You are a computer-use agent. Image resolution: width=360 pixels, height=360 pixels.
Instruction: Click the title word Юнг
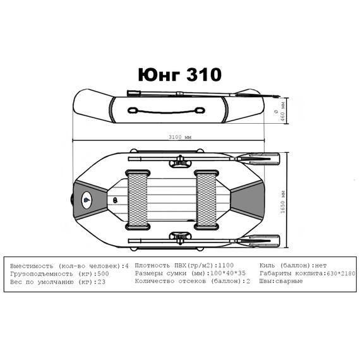(159, 75)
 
